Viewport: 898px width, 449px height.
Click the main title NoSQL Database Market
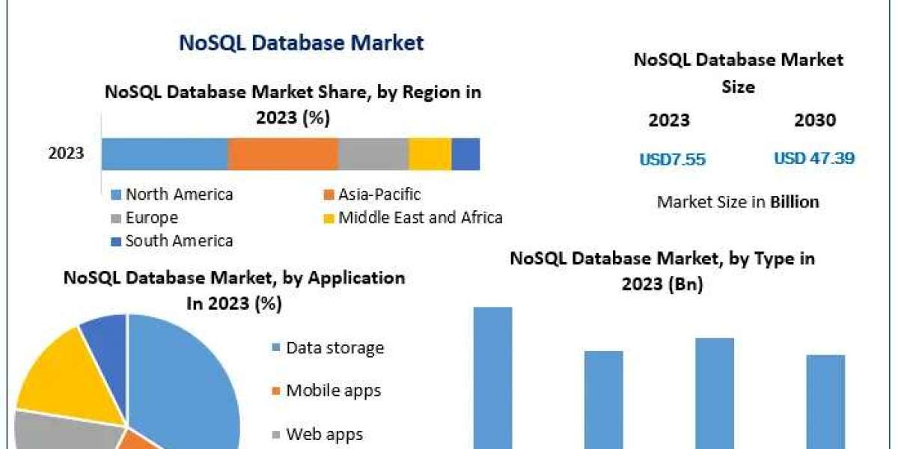click(x=301, y=43)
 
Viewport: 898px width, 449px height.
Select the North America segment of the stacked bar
click(x=165, y=153)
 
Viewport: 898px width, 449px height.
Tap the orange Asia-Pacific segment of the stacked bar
click(x=283, y=153)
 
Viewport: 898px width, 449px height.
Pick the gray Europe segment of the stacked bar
click(x=373, y=153)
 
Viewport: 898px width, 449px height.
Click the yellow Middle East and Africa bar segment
click(x=430, y=153)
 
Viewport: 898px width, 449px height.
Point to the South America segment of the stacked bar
click(x=465, y=153)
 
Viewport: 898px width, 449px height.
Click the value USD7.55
click(x=672, y=159)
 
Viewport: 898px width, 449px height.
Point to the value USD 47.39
click(x=814, y=159)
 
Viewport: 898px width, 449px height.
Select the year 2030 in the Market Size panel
click(x=815, y=120)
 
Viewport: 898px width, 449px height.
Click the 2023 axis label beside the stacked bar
click(x=67, y=154)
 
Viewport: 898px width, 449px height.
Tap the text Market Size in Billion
click(x=737, y=201)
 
